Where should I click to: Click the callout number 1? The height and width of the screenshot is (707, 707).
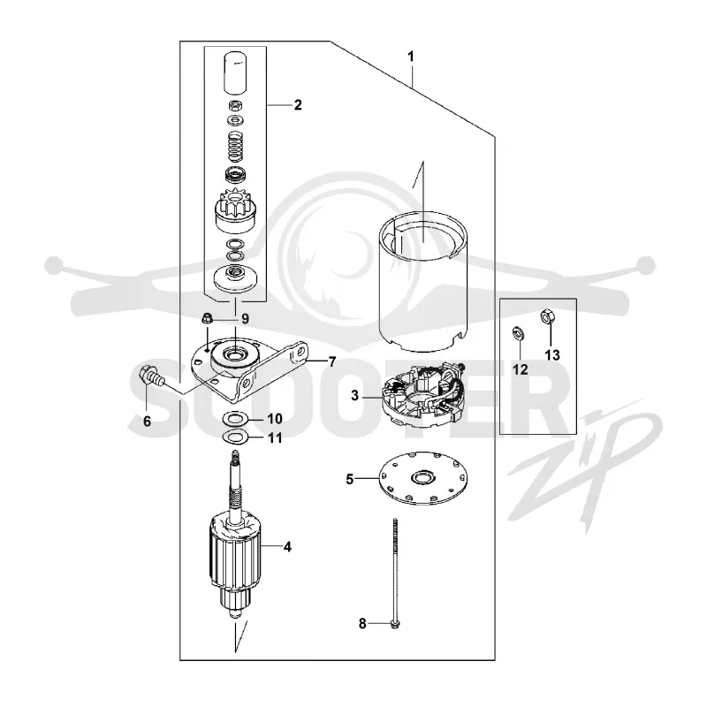410,57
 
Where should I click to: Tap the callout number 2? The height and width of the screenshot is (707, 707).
298,104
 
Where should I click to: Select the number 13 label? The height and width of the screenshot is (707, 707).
552,355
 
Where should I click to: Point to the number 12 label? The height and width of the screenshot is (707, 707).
520,369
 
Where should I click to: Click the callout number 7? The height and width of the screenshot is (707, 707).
332,361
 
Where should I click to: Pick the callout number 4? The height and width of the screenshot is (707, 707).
288,547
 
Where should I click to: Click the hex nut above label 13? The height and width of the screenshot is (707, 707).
547,317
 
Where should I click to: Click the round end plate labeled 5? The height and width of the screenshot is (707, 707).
423,478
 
